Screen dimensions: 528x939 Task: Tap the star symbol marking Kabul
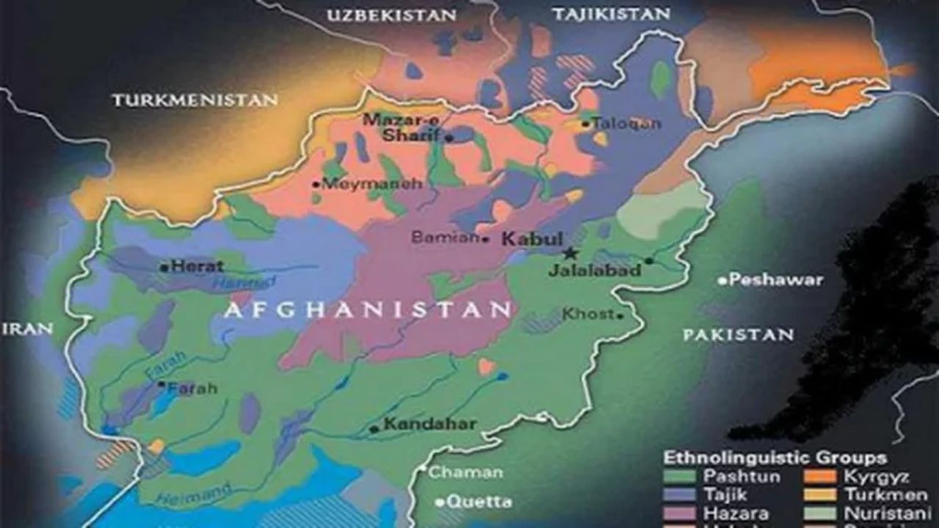point(569,253)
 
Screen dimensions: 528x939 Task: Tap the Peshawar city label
point(776,279)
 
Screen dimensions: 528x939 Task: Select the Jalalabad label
point(595,271)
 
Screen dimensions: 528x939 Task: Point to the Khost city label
point(587,314)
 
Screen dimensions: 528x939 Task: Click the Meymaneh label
point(372,183)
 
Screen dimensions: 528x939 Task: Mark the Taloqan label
point(626,123)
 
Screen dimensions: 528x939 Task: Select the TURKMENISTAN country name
point(194,100)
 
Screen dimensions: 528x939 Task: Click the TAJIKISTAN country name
point(610,14)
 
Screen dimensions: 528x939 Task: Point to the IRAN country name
point(27,329)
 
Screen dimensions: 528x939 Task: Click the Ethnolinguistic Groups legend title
point(775,458)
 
